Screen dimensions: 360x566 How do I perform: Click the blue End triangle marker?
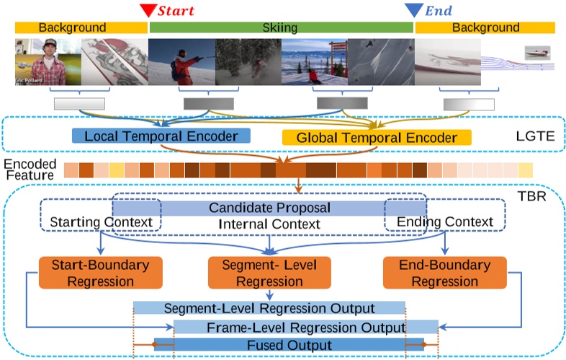pyautogui.click(x=414, y=9)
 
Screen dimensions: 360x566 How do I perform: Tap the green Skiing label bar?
pyautogui.click(x=281, y=28)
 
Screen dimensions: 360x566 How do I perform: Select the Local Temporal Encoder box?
pyautogui.click(x=161, y=136)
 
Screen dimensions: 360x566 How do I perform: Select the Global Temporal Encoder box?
pyautogui.click(x=376, y=137)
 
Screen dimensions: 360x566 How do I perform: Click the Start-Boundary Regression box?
pyautogui.click(x=101, y=273)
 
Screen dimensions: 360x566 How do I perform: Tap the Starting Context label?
pyautogui.click(x=101, y=221)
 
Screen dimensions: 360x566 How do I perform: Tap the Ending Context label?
pyautogui.click(x=445, y=221)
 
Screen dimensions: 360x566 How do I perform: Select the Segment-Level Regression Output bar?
pyautogui.click(x=269, y=308)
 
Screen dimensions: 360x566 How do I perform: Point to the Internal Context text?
pyautogui.click(x=269, y=224)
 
